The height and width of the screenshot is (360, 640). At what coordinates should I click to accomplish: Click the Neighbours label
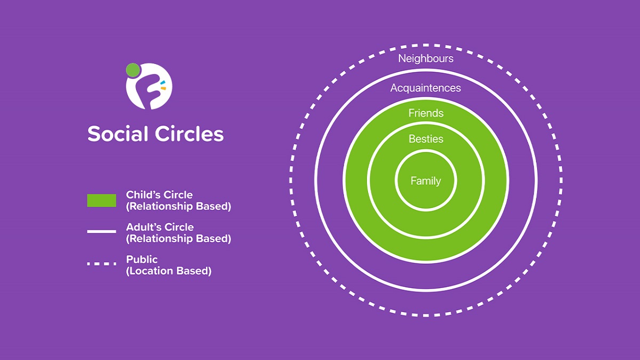click(426, 59)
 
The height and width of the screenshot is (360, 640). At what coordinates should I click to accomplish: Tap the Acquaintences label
click(426, 88)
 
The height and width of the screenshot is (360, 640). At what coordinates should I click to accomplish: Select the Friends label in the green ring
click(426, 113)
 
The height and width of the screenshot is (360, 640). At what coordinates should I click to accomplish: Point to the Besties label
click(426, 139)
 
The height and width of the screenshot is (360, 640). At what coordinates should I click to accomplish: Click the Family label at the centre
click(426, 181)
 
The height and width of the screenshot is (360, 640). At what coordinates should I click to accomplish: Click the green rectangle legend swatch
click(101, 201)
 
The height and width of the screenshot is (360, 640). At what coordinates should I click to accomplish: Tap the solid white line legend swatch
click(101, 231)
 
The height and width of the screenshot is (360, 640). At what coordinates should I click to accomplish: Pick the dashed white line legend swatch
click(101, 263)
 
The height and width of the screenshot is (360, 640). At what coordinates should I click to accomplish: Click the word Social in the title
click(117, 134)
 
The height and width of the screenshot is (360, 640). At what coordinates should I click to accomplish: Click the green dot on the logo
click(133, 70)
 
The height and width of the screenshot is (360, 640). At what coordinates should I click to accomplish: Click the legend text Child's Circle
click(159, 195)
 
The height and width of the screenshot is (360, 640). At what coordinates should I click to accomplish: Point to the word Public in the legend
click(142, 260)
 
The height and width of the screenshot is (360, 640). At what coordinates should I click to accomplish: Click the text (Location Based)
click(169, 271)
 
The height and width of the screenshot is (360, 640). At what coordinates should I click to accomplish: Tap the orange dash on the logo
click(163, 88)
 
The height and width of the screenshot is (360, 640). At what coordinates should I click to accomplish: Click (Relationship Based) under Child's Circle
click(179, 206)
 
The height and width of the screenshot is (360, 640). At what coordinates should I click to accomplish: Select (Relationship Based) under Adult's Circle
click(179, 238)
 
